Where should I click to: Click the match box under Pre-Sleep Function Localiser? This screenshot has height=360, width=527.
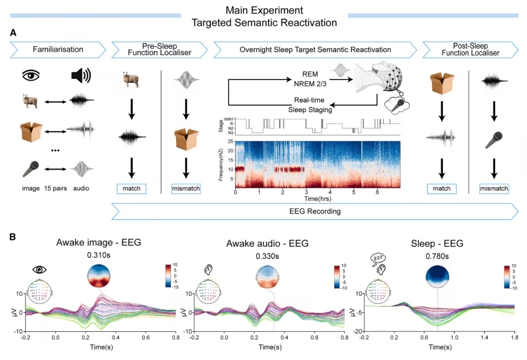(131, 188)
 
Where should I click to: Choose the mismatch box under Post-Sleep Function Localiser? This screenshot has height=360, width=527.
(493, 188)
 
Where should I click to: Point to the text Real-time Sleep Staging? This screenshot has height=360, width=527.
(306, 104)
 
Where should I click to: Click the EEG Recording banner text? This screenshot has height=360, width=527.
(314, 212)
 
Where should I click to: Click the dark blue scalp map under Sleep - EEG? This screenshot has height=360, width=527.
(437, 275)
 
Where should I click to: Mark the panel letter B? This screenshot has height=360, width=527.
(13, 238)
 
